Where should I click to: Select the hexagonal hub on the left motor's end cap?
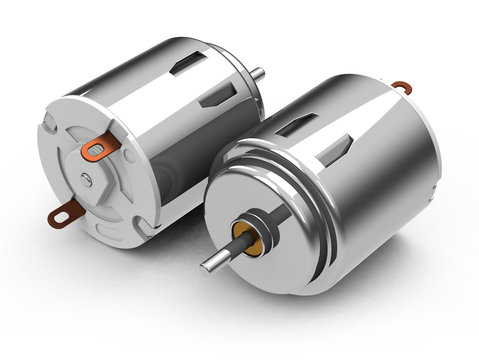(88, 180)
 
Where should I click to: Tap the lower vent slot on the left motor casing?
(217, 95)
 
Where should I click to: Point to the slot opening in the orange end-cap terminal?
(96, 152)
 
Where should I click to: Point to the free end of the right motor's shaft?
(206, 265)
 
